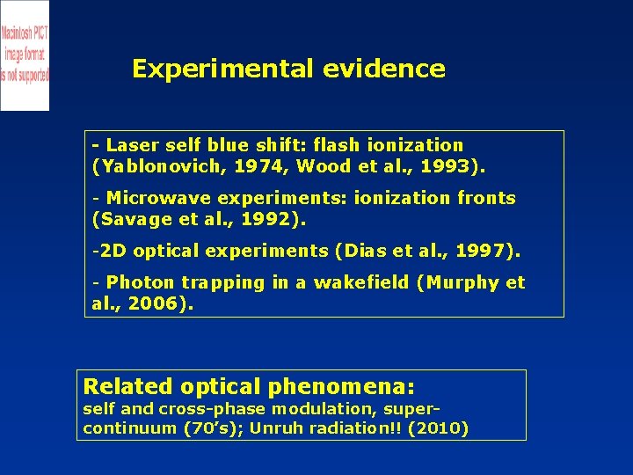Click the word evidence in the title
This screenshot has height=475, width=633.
[383, 69]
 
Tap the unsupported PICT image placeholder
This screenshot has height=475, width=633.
[25, 55]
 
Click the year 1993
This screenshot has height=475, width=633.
[448, 165]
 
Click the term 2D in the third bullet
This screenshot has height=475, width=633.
[113, 251]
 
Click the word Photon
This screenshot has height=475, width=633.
[140, 282]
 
